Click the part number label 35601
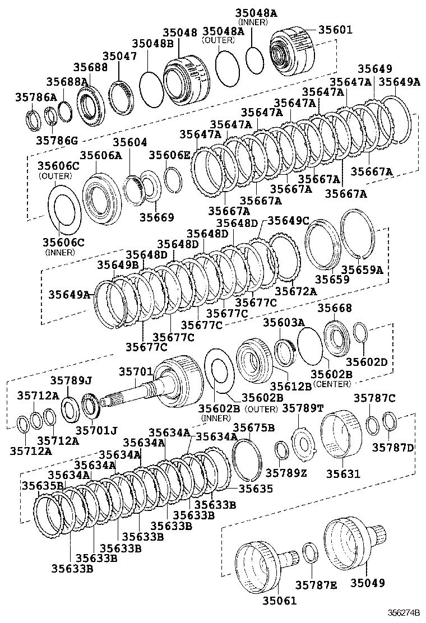pos(336,30)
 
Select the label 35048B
pos(153,43)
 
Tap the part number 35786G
pos(57,139)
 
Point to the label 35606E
pos(170,155)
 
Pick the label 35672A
pos(295,291)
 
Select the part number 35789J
pos(71,380)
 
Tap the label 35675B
pos(253,428)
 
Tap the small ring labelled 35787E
pos(311,552)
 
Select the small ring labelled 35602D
pos(360,332)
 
